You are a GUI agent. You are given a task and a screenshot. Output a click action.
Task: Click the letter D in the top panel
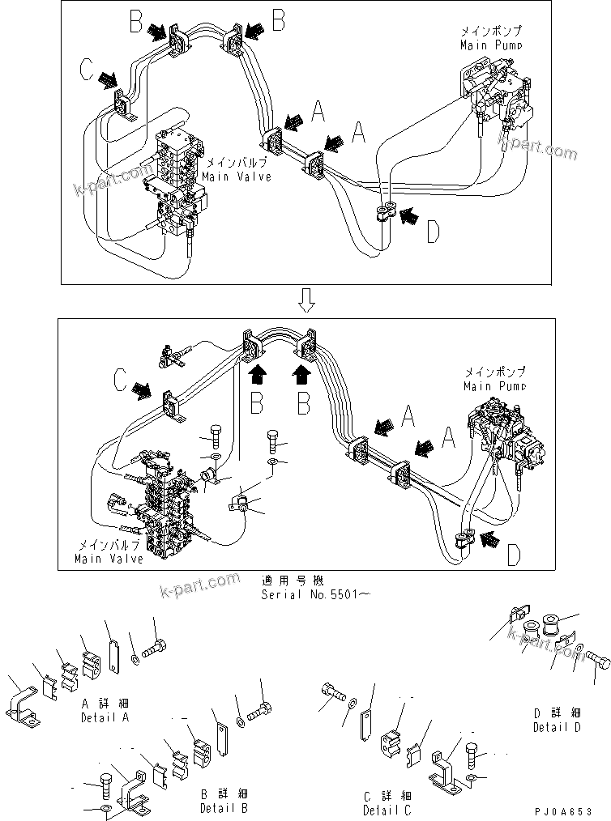(x=434, y=232)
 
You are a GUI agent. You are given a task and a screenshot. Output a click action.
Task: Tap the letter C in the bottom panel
(x=120, y=380)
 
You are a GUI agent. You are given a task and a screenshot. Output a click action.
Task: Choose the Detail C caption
(x=387, y=802)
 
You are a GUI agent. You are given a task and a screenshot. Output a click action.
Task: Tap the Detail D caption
(x=556, y=720)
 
